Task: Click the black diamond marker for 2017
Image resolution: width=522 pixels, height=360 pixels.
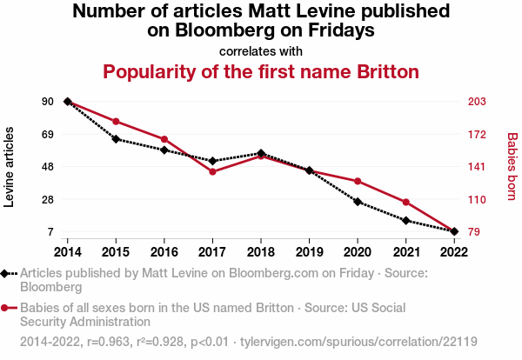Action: [x=212, y=161]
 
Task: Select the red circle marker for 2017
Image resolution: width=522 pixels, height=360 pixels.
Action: [x=212, y=171]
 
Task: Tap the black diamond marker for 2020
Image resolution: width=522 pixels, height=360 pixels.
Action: [x=358, y=202]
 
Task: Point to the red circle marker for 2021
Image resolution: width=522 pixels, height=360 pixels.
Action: [x=406, y=202]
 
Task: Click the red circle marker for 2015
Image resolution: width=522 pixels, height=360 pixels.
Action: [x=116, y=121]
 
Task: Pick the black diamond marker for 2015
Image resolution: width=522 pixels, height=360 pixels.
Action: [x=116, y=138]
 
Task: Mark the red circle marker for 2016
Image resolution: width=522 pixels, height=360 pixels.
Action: [x=164, y=139]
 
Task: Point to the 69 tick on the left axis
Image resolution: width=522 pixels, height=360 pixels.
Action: [x=47, y=134]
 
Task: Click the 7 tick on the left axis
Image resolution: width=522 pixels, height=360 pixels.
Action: [x=50, y=232]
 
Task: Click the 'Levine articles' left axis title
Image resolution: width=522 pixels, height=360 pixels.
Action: [x=10, y=167]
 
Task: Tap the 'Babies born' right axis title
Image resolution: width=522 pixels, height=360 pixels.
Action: [x=512, y=167]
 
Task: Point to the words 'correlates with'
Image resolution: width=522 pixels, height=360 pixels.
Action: [x=261, y=50]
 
